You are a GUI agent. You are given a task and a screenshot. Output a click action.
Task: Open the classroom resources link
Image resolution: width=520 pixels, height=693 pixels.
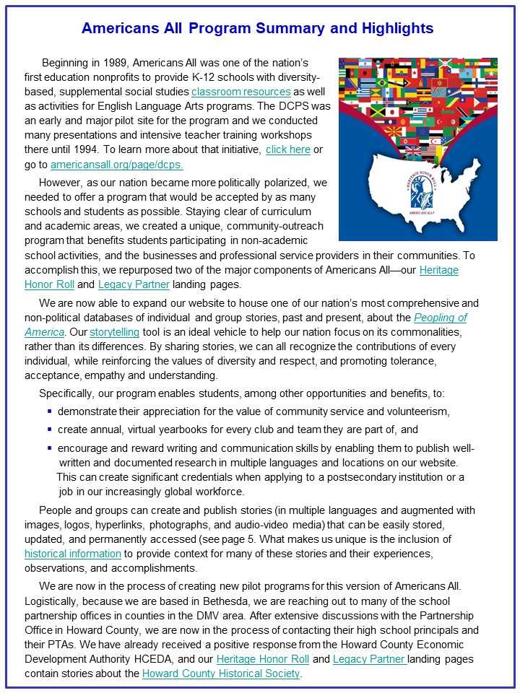point(241,92)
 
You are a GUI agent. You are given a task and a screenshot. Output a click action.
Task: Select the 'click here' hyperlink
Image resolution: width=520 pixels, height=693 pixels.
point(287,149)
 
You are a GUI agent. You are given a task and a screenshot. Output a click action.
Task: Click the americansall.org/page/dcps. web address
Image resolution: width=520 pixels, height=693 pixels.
point(117,165)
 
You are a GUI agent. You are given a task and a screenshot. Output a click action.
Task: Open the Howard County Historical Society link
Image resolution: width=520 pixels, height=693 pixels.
point(220,674)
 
